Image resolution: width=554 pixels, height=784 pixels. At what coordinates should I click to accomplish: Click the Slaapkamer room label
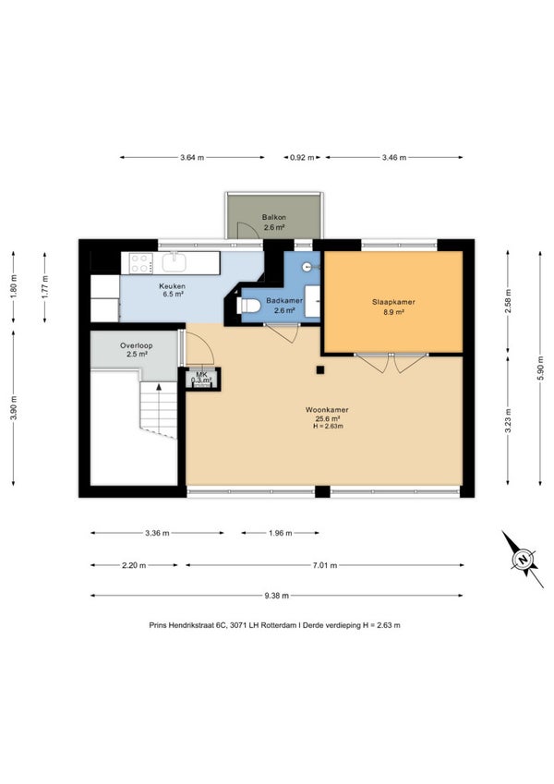(x=393, y=302)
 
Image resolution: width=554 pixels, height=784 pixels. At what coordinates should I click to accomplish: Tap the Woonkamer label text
(x=327, y=410)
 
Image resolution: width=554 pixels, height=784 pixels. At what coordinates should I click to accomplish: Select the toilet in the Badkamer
(x=249, y=306)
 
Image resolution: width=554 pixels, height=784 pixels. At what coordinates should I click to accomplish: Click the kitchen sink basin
(x=174, y=262)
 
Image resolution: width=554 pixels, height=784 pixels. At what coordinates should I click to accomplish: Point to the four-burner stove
(x=141, y=263)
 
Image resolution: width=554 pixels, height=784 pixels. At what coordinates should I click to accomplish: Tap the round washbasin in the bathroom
(x=307, y=267)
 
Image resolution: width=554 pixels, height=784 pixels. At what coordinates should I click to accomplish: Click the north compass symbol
(x=523, y=559)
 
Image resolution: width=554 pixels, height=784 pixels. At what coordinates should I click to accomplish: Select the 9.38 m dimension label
(x=276, y=596)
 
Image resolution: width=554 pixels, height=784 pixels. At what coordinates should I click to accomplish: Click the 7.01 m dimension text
(x=325, y=565)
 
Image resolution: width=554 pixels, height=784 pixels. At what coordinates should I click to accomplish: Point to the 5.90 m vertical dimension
(x=540, y=368)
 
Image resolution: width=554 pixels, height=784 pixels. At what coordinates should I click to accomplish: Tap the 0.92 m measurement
(x=303, y=158)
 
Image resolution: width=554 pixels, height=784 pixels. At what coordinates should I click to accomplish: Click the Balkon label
(x=274, y=218)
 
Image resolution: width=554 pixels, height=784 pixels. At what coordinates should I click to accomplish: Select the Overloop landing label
(x=136, y=345)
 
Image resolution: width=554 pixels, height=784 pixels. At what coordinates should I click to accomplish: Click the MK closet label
(x=201, y=374)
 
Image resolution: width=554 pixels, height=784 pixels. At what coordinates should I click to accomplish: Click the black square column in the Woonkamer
(x=320, y=370)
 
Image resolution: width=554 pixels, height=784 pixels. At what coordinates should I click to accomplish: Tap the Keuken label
(x=172, y=286)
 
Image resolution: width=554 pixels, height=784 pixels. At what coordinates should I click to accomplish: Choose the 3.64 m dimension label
(x=192, y=158)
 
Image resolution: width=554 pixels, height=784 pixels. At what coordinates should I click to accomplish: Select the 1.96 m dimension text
(x=280, y=533)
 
